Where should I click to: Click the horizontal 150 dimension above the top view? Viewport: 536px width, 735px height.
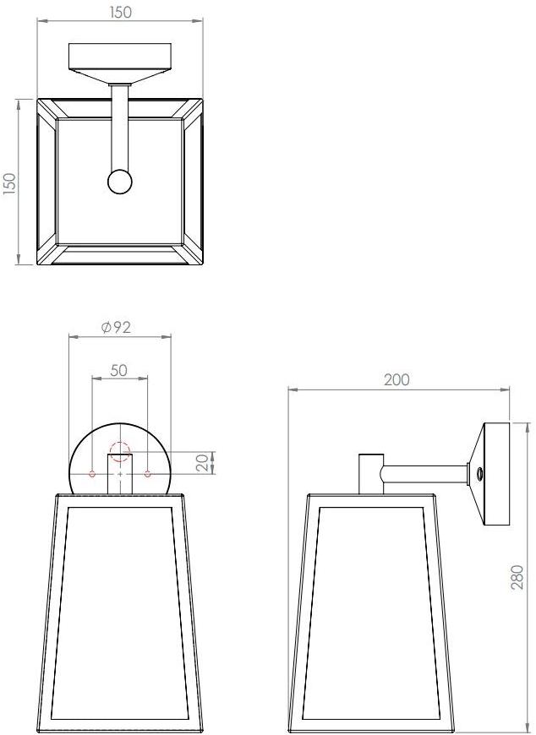pos(121,13)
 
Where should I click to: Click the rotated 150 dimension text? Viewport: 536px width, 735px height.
pos(9,183)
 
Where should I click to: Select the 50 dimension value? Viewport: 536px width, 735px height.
pos(119,370)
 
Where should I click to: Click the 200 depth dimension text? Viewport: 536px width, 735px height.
pos(397,379)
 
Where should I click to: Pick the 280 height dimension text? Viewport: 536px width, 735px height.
pos(517,577)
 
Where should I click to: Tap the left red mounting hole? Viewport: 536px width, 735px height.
pos(92,474)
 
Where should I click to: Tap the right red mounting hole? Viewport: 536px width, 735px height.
pos(148,474)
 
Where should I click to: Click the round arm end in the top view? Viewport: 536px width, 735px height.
pos(120,182)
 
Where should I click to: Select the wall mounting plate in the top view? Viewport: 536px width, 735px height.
pos(120,59)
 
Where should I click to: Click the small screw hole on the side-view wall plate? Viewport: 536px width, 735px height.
pos(479,475)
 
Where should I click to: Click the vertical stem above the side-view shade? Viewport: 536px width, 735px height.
pos(369,473)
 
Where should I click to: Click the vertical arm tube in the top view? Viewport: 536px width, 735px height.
pos(120,127)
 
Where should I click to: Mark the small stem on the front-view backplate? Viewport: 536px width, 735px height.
pos(120,473)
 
